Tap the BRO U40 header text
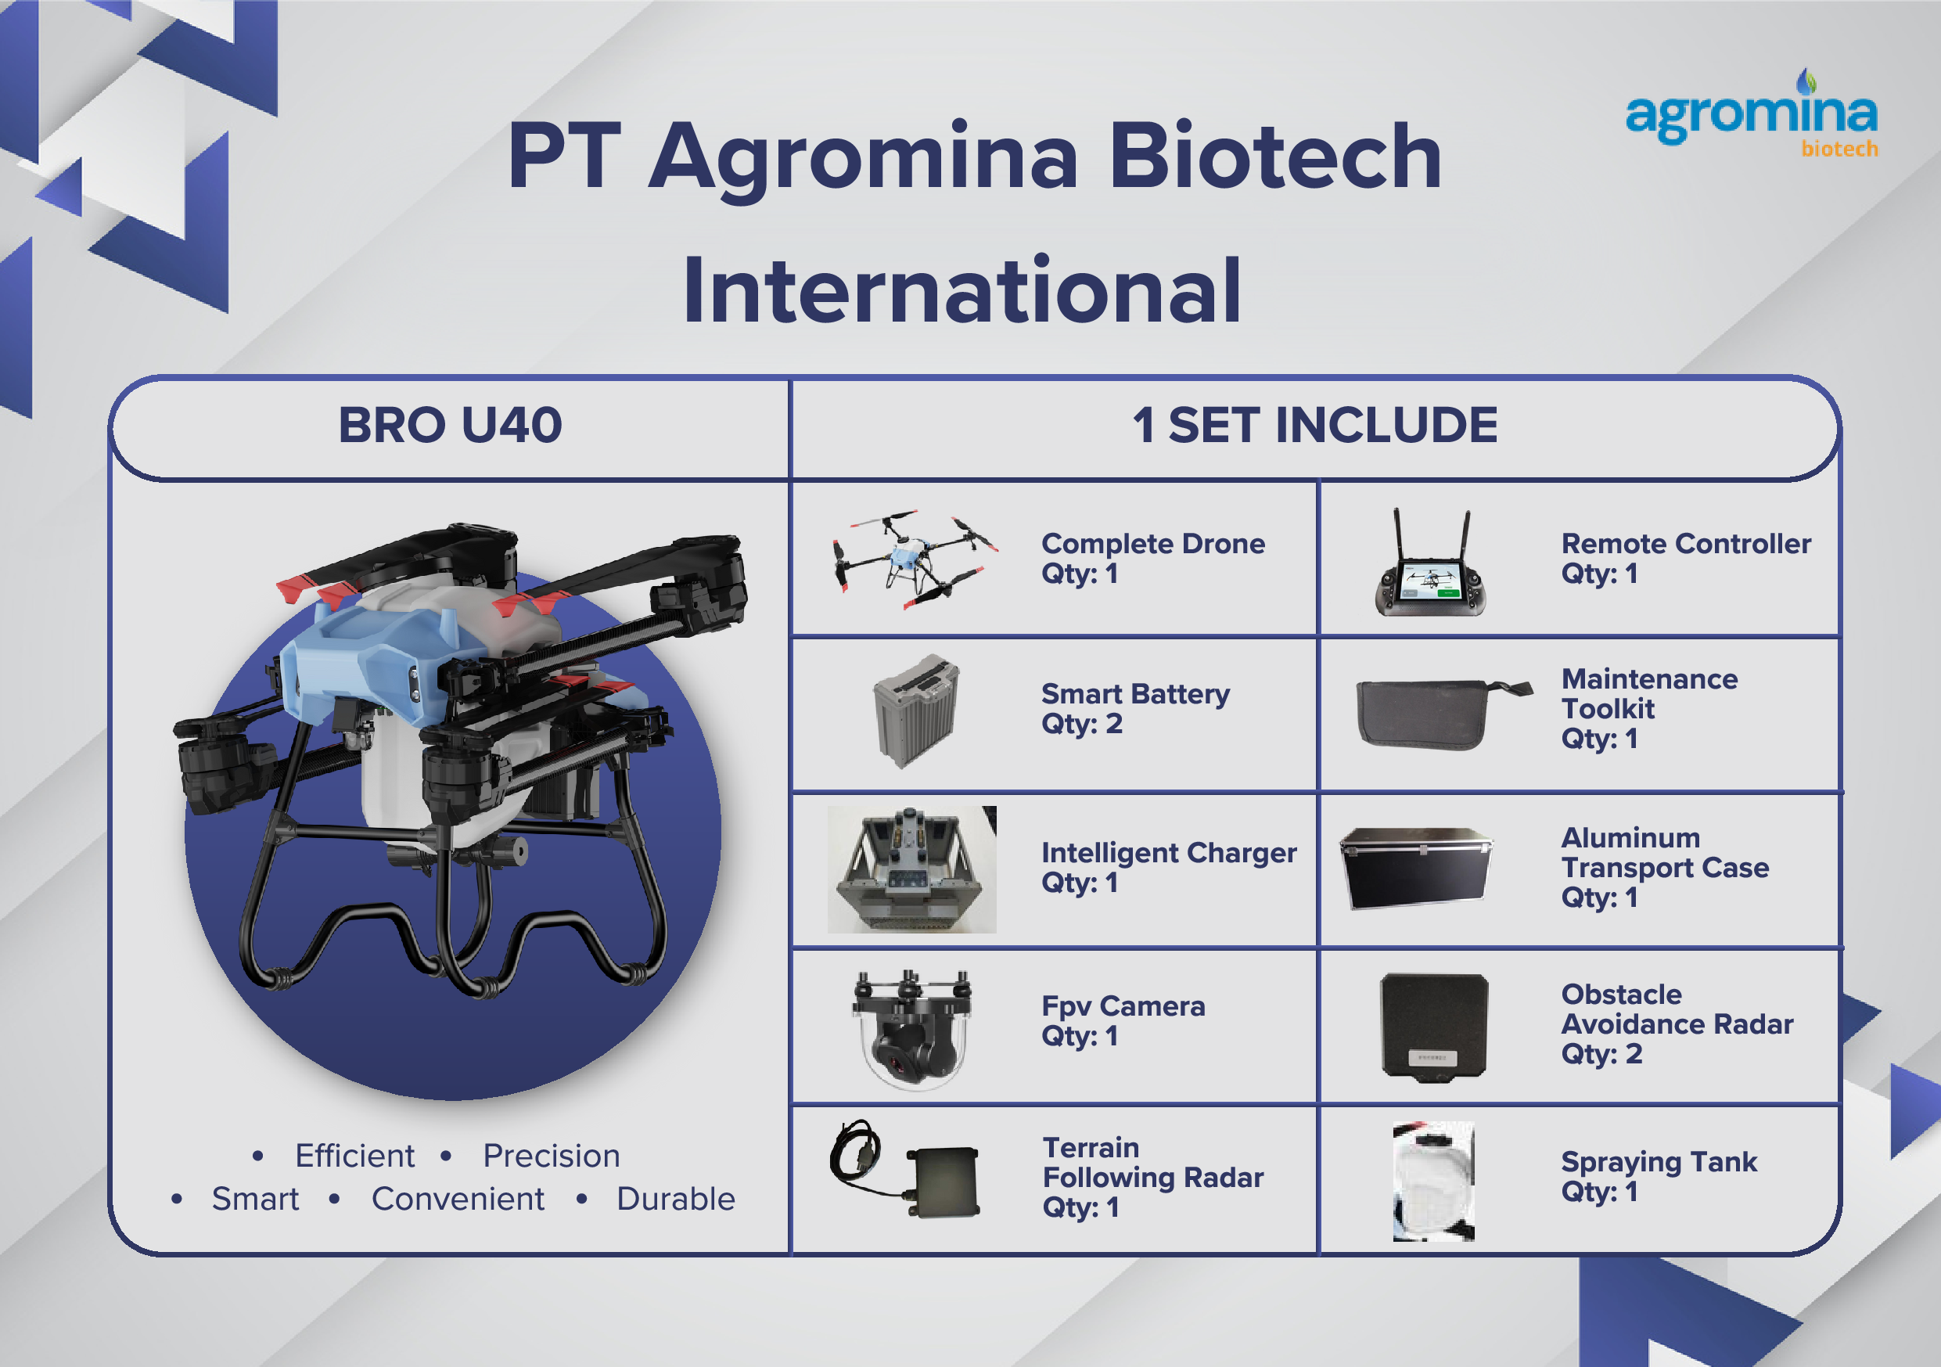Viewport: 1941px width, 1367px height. [x=450, y=425]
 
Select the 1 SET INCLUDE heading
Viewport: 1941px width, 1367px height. [x=1314, y=425]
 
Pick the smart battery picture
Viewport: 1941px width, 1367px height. [x=915, y=710]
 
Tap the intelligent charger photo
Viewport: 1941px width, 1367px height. [x=911, y=869]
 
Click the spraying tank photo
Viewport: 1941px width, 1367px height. [x=1433, y=1181]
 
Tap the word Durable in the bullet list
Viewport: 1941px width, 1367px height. [x=675, y=1199]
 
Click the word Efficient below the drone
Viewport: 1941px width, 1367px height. [x=354, y=1156]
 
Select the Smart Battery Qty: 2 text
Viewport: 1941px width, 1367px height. [x=1134, y=708]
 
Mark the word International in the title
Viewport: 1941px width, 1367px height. [x=962, y=292]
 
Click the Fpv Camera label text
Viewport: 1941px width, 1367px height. [x=1123, y=1006]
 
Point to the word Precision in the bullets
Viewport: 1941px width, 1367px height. [x=552, y=1156]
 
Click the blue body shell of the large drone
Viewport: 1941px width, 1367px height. [x=364, y=651]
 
